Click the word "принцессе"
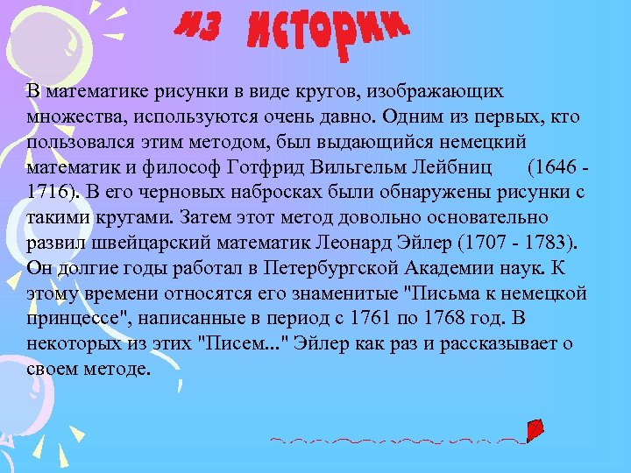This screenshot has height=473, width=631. pyautogui.click(x=75, y=319)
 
